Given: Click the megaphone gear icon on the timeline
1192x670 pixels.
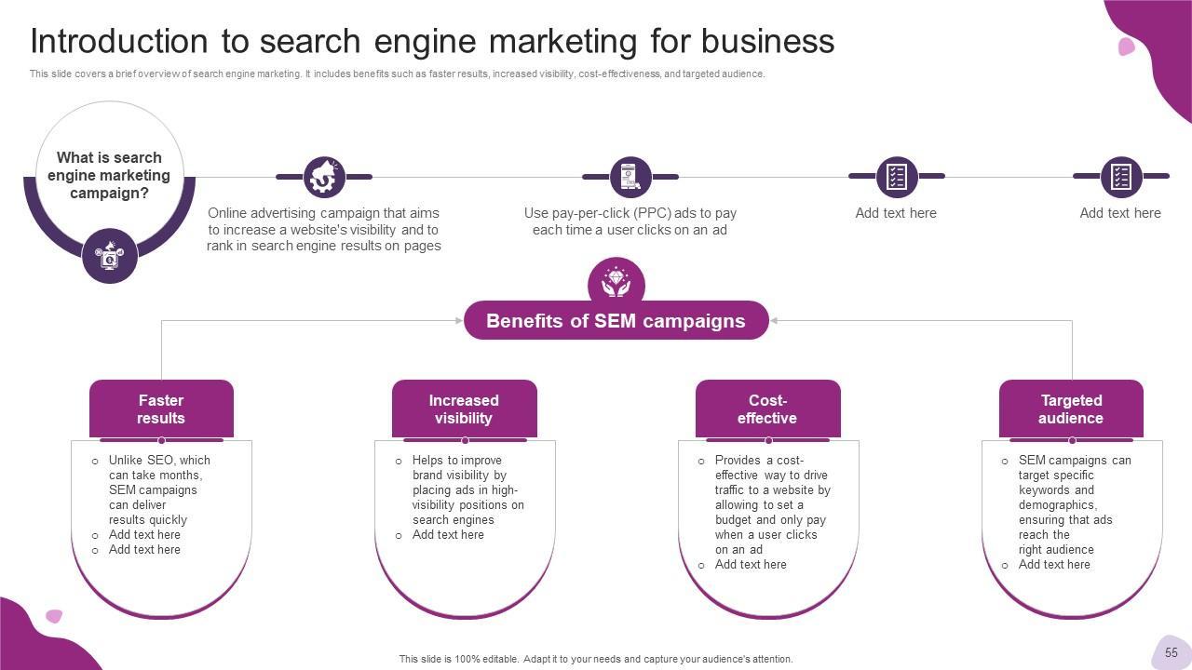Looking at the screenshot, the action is tap(324, 177).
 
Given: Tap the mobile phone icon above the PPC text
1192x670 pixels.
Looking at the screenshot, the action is tap(630, 177).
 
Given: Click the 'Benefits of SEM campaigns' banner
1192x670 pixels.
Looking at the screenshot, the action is tap(616, 321).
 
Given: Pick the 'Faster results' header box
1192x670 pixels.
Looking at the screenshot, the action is tap(161, 409).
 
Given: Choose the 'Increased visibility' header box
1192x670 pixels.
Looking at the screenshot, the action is tap(464, 409).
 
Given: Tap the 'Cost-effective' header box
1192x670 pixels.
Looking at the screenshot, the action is tap(767, 409).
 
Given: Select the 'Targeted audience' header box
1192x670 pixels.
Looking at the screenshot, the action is tap(1071, 409).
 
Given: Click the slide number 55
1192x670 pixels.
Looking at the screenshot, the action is tap(1171, 652).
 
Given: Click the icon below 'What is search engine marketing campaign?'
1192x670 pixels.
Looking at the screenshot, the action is tap(110, 255).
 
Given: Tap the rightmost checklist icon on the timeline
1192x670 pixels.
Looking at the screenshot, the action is tap(1120, 177).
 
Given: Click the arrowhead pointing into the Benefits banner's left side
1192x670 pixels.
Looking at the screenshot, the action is tap(458, 321).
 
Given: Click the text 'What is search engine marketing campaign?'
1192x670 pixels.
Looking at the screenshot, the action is tap(110, 176).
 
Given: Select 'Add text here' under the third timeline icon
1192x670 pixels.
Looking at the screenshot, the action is tap(896, 213).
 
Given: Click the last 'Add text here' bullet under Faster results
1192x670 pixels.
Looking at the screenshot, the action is tap(144, 550).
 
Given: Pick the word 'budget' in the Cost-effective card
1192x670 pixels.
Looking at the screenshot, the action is tap(734, 520).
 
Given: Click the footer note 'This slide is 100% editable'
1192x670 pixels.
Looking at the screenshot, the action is tap(596, 659).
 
